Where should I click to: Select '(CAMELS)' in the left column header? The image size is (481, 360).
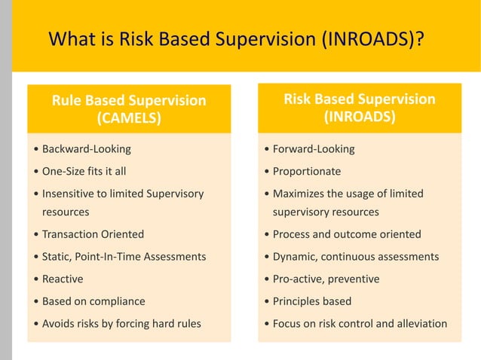pyautogui.click(x=128, y=118)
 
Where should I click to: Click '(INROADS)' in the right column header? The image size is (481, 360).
pyautogui.click(x=359, y=117)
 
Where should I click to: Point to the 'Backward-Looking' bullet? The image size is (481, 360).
pyautogui.click(x=86, y=149)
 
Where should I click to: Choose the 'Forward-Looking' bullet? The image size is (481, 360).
pyautogui.click(x=313, y=149)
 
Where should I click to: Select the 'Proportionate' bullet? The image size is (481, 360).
pyautogui.click(x=306, y=171)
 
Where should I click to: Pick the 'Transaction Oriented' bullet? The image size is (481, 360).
pyautogui.click(x=93, y=234)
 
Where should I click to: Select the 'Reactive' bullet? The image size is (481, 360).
pyautogui.click(x=63, y=279)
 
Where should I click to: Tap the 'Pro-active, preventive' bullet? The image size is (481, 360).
pyautogui.click(x=326, y=279)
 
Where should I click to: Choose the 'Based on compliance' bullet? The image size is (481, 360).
pyautogui.click(x=93, y=301)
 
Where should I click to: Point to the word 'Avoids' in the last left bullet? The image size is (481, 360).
pyautogui.click(x=59, y=324)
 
